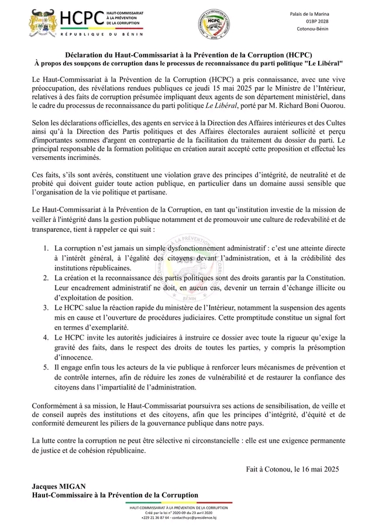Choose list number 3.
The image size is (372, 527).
(x=46, y=308)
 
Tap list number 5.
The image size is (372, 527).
(x=46, y=367)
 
